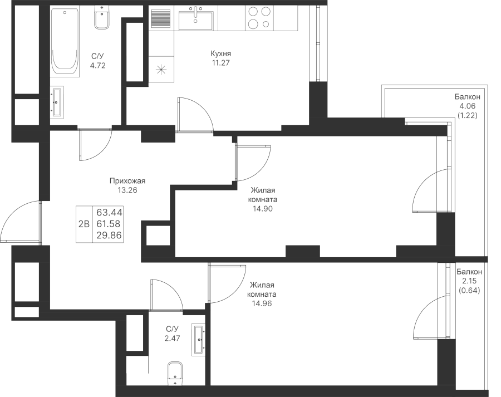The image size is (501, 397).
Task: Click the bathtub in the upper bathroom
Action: click(65, 42)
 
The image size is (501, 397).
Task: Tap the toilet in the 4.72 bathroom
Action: click(102, 18)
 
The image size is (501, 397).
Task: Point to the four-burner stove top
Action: click(259, 18)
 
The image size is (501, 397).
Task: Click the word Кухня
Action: click(220, 53)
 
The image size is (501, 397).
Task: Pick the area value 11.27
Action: click(220, 63)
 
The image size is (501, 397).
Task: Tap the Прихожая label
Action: click(127, 181)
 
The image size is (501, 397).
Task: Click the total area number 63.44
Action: click(109, 212)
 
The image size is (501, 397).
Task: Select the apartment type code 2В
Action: click(84, 224)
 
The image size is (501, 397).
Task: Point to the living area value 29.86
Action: click(109, 236)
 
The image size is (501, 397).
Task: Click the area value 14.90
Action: click(263, 209)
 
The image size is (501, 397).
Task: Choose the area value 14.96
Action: click(262, 303)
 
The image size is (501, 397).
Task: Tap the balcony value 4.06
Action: click(467, 106)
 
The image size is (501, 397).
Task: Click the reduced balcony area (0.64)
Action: click(469, 291)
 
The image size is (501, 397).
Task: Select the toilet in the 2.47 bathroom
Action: click(175, 374)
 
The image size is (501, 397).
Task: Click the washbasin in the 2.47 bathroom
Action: click(198, 339)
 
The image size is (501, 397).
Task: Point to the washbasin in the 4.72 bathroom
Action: click(57, 102)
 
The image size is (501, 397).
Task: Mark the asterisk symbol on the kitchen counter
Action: click(161, 69)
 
